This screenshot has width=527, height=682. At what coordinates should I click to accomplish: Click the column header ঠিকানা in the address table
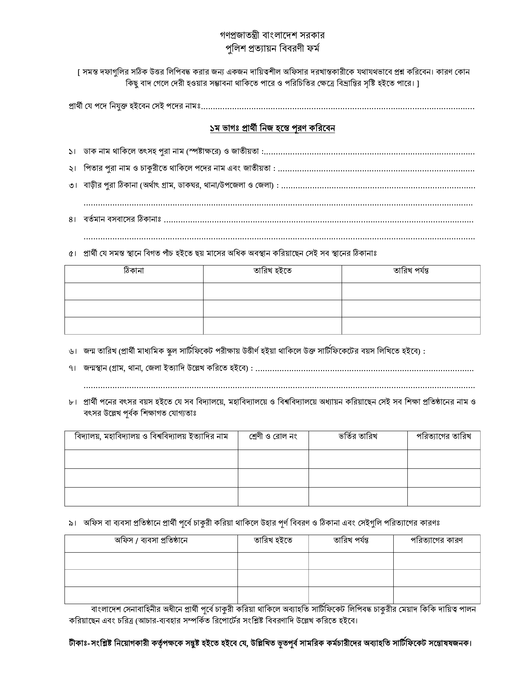pyautogui.click(x=134, y=271)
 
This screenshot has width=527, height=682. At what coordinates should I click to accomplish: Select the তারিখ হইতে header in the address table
pyautogui.click(x=272, y=271)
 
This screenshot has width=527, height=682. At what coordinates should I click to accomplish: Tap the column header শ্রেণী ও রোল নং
pyautogui.click(x=273, y=436)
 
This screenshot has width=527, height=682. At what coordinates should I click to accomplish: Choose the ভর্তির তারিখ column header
pyautogui.click(x=358, y=436)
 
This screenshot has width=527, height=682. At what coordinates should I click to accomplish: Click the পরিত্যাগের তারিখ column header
pyautogui.click(x=444, y=436)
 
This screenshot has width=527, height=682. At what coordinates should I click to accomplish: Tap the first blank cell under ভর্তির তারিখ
pyautogui.click(x=358, y=459)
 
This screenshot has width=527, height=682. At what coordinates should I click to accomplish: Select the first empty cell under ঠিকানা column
pyautogui.click(x=134, y=291)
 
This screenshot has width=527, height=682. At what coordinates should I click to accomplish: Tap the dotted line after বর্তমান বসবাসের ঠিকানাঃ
pyautogui.click(x=319, y=221)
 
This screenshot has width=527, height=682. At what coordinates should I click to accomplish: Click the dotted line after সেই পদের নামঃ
pyautogui.click(x=337, y=108)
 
